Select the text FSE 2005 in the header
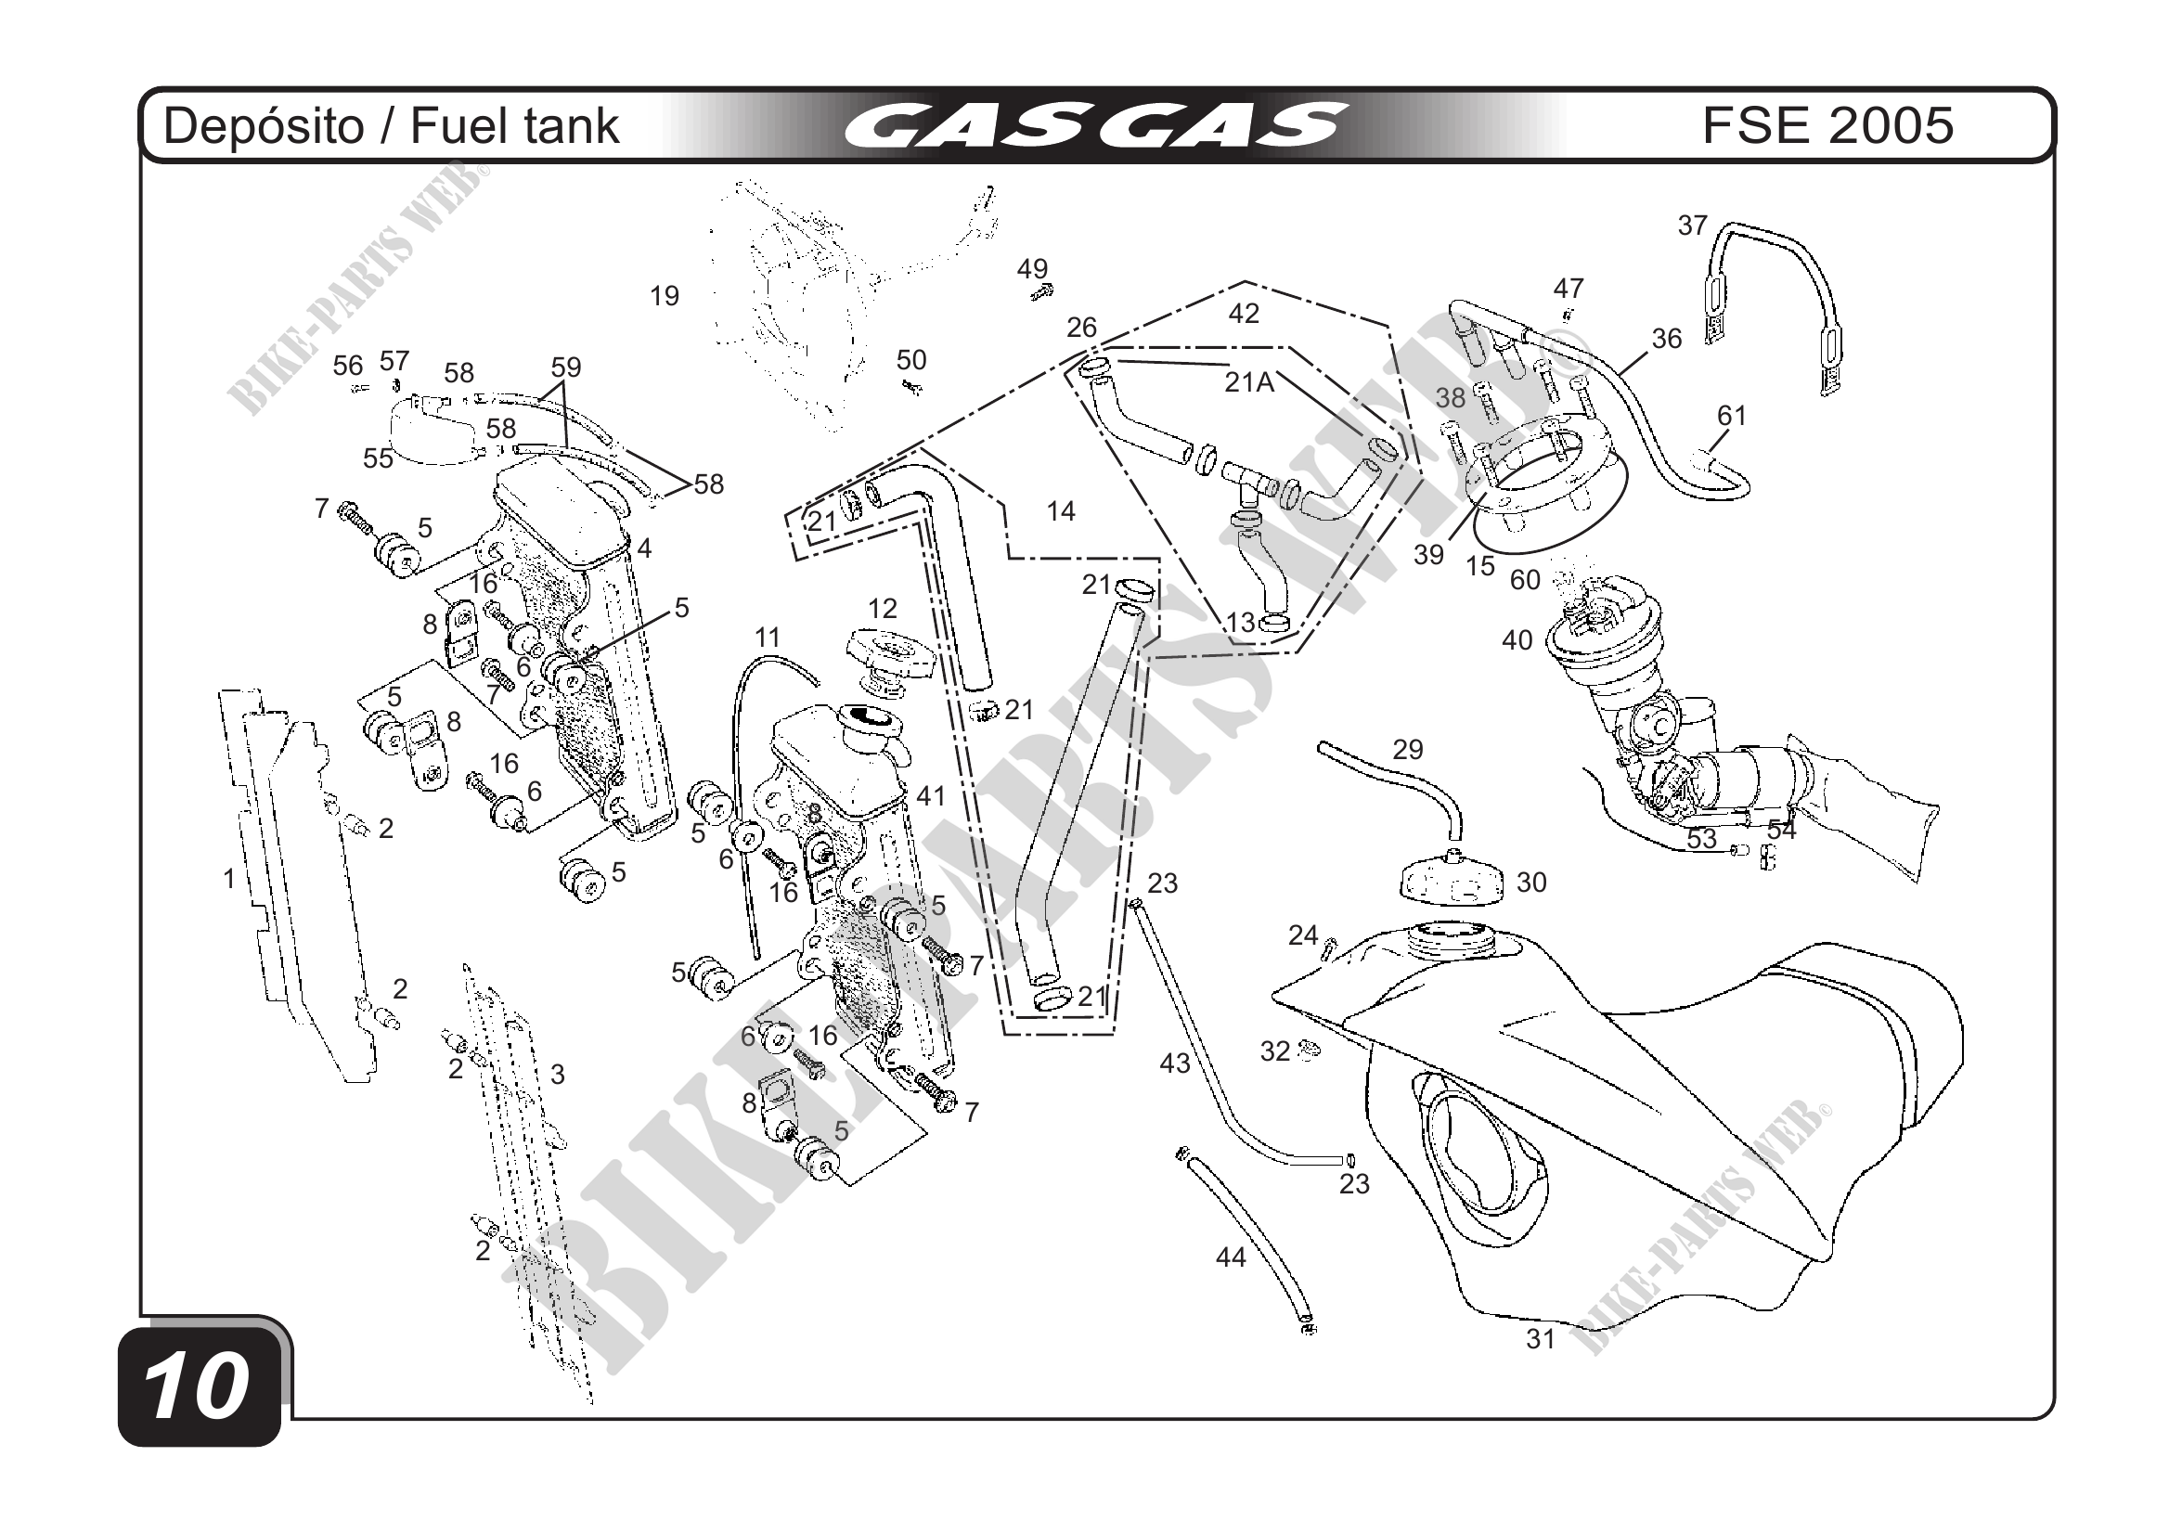[x=1827, y=125]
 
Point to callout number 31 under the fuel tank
[x=1541, y=1338]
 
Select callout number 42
[x=1244, y=314]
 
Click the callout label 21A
[x=1249, y=382]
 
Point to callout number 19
[x=665, y=297]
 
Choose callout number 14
[x=1061, y=511]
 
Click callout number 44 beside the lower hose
[x=1230, y=1257]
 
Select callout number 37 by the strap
[x=1692, y=226]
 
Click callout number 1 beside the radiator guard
[x=228, y=879]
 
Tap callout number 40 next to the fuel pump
[x=1517, y=640]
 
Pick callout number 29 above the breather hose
[x=1407, y=750]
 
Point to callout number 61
[x=1732, y=416]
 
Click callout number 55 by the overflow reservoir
[x=378, y=458]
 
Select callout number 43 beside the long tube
[x=1174, y=1063]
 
